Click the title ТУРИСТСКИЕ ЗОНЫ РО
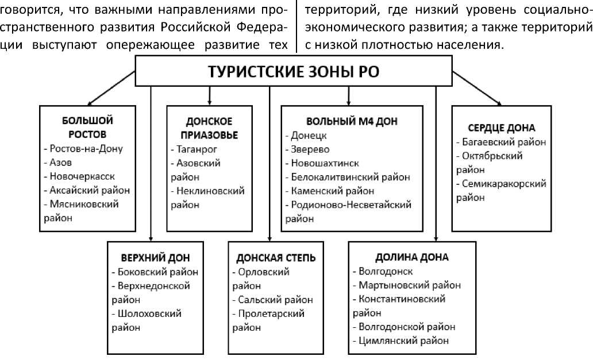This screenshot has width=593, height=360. point(293,73)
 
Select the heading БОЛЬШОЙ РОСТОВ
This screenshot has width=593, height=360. point(87,127)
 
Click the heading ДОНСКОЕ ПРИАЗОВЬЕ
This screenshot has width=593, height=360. point(209,128)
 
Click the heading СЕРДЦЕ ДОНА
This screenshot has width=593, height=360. point(502,127)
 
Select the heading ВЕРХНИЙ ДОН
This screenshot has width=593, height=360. point(155,257)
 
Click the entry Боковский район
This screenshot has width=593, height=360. point(156,272)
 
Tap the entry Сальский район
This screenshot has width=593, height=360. point(273,299)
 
